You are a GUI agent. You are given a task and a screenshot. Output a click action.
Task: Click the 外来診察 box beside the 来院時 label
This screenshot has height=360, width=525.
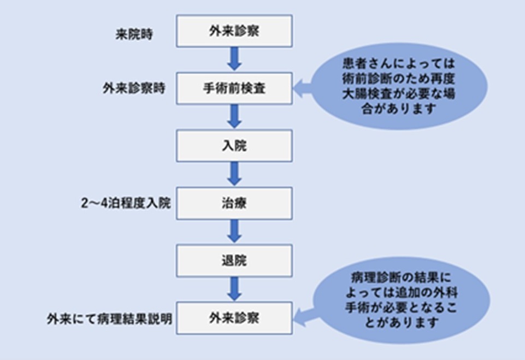tap(234, 31)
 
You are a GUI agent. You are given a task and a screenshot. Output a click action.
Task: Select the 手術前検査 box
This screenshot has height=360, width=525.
tap(234, 88)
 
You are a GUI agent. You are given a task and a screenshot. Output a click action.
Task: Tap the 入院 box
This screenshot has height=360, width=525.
tap(234, 146)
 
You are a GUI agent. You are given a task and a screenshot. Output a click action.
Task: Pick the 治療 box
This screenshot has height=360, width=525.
tap(234, 203)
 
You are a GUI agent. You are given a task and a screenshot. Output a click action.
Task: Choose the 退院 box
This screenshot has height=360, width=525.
tap(234, 261)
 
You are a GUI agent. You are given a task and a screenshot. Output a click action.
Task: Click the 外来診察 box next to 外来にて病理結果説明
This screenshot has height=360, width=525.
tap(234, 318)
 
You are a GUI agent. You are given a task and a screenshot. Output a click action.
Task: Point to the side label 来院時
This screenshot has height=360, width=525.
tap(134, 34)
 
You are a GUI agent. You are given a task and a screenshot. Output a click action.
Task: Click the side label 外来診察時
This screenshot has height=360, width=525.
tap(134, 88)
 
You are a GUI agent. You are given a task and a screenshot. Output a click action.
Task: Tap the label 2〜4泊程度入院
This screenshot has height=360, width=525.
tap(126, 203)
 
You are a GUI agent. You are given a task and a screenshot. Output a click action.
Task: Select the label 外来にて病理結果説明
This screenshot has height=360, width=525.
tap(109, 319)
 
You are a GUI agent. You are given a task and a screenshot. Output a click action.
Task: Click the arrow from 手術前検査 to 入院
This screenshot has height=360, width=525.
tap(234, 116)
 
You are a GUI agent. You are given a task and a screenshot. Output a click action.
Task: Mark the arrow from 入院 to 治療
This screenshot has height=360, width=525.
tap(234, 174)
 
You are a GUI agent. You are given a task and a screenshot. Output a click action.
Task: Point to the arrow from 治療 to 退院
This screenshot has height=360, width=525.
tap(234, 232)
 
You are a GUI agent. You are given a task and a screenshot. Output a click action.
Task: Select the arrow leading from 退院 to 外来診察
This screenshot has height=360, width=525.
tap(234, 289)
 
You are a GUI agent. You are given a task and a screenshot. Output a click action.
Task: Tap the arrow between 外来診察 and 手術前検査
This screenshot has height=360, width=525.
tap(234, 60)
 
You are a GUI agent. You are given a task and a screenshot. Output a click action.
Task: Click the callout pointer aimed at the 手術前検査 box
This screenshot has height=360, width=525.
tap(303, 88)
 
